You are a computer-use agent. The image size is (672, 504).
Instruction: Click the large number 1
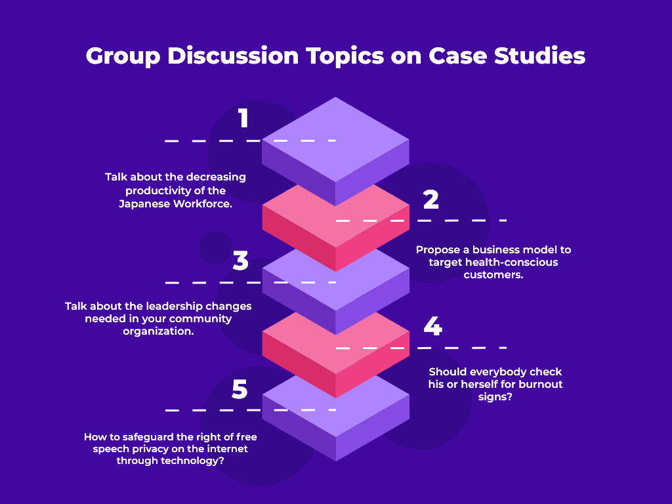pos(243,119)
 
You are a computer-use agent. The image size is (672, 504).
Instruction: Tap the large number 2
pos(430,199)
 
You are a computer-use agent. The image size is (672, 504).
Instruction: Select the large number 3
pos(241,261)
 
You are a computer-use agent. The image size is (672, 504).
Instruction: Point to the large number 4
pos(432,326)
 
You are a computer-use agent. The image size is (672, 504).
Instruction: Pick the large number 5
pos(240,389)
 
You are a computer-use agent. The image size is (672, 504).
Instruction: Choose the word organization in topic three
pos(158,331)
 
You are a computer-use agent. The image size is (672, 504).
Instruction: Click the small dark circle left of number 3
pos(215,247)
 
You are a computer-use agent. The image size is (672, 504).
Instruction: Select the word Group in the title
pos(123,56)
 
